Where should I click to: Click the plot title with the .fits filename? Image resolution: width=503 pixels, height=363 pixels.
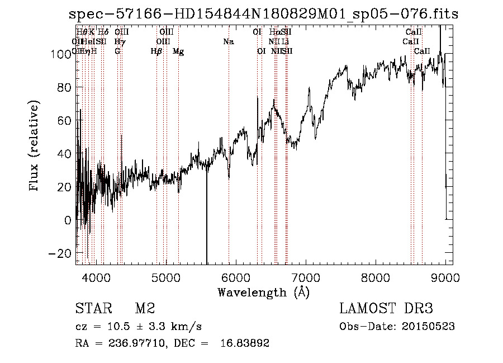(x=263, y=14)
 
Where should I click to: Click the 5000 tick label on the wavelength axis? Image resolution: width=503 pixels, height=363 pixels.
(x=166, y=277)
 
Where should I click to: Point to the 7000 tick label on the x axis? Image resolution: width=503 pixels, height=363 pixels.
(x=306, y=277)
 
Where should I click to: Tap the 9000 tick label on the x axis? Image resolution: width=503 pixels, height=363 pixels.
(x=445, y=277)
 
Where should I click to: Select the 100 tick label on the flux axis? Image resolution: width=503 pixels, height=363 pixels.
(x=59, y=54)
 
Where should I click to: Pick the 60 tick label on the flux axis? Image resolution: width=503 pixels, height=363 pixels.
(x=63, y=121)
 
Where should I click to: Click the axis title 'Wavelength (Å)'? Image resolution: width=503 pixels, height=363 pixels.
(x=263, y=291)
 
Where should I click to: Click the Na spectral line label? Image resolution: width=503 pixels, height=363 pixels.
(x=228, y=41)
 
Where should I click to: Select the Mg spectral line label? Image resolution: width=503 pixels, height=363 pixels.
(x=178, y=51)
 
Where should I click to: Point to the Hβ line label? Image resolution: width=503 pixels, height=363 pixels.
(x=156, y=51)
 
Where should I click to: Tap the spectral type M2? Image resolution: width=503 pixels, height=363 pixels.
(x=144, y=309)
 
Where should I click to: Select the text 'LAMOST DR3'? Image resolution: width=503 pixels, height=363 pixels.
(x=386, y=309)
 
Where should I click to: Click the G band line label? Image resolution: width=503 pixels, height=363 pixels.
(x=117, y=51)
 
